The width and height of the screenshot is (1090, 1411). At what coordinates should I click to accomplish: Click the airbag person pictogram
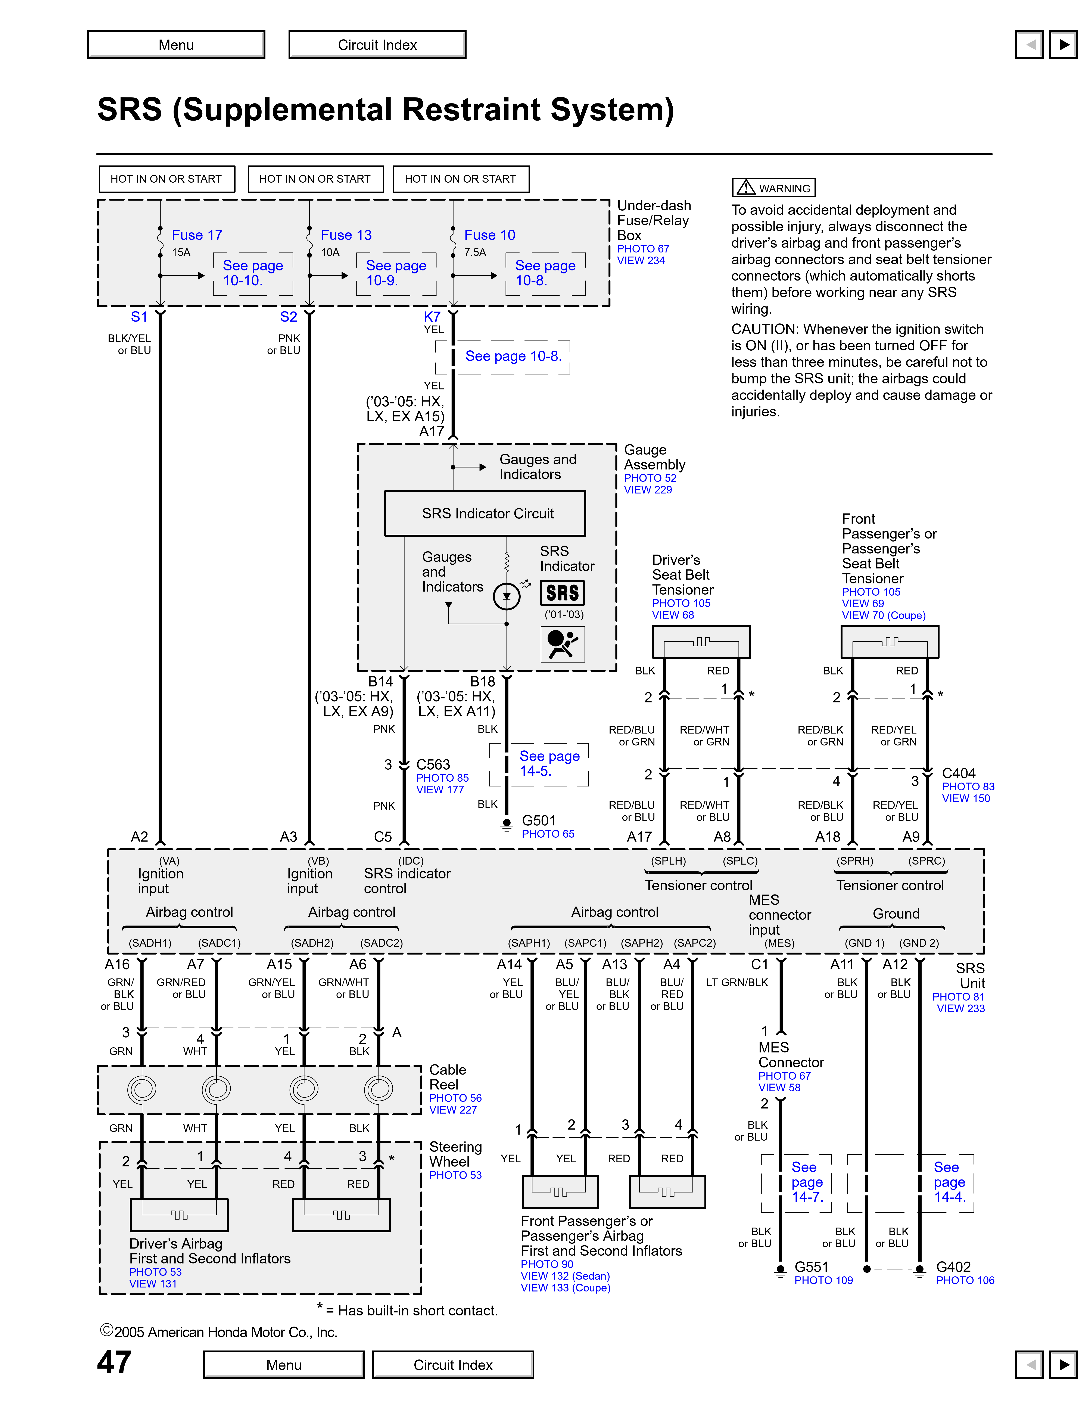(x=563, y=644)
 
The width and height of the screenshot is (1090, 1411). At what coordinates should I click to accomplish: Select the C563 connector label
(x=433, y=764)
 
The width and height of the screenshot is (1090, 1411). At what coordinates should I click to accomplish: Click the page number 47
(x=114, y=1362)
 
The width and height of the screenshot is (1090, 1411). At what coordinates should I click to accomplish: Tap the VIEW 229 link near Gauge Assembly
(x=648, y=490)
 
